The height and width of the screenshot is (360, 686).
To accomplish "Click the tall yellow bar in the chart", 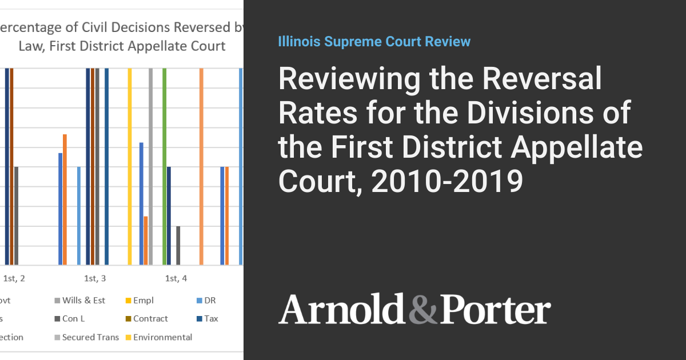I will point(130,166).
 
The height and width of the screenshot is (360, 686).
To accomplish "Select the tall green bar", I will point(165,166).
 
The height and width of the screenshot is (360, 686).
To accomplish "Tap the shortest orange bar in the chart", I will point(146,241).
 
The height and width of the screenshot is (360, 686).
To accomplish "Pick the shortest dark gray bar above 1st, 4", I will point(178,246).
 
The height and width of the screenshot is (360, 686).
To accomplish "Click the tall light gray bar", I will point(151,166).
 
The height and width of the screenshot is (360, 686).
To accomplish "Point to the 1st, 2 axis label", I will point(14,279).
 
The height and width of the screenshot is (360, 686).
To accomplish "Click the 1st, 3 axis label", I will point(95,279).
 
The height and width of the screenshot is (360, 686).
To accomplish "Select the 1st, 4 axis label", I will point(176,279).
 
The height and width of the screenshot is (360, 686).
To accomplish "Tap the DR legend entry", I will point(209,301).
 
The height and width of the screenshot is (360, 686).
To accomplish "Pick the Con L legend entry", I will point(74,319).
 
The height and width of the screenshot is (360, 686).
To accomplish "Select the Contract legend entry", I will point(150,319).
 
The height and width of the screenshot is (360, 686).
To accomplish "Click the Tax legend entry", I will point(211,319).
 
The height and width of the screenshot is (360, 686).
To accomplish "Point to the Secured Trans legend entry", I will point(90,337).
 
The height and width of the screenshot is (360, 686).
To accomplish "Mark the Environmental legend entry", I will point(162,337).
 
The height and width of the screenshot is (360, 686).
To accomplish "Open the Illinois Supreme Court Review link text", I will point(374,42).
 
